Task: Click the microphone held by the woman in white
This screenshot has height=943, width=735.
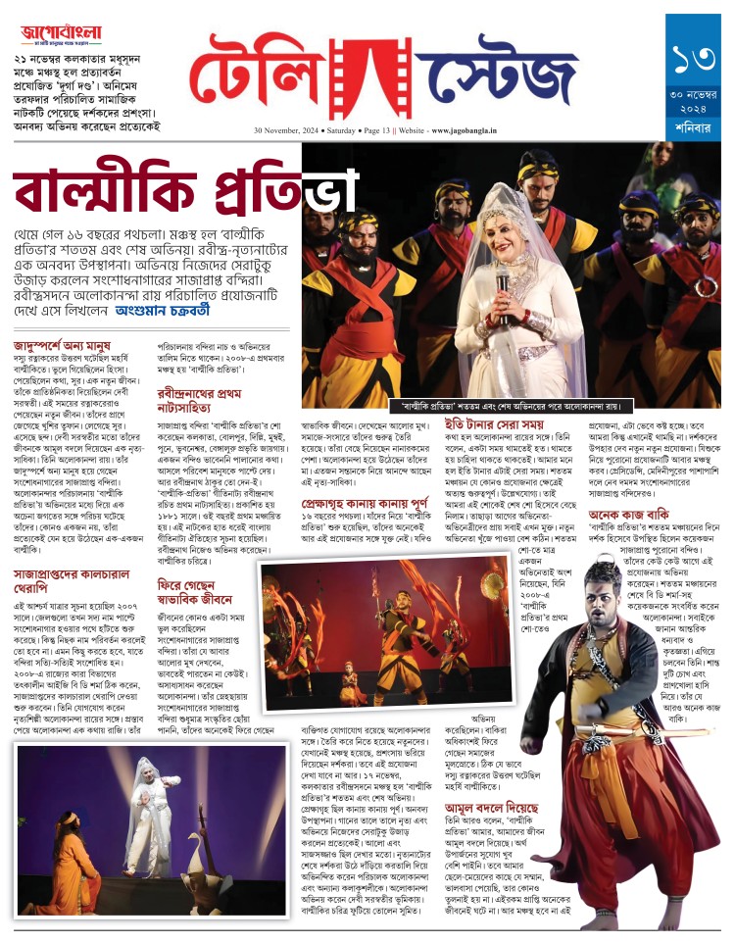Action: point(503,284)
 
